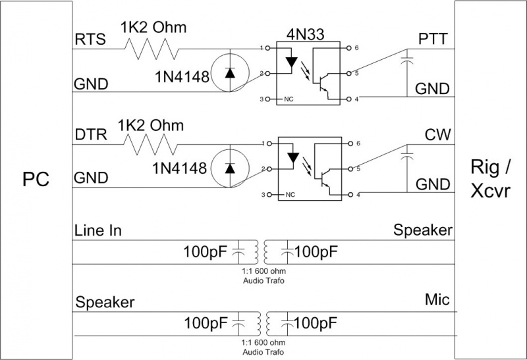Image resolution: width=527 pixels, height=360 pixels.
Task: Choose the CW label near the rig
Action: [x=438, y=136]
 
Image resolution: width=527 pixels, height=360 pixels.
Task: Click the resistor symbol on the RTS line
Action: [x=152, y=49]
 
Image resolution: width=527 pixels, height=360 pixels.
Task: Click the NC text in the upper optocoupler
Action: [x=288, y=99]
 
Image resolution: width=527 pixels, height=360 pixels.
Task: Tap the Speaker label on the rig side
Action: [x=422, y=230]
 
